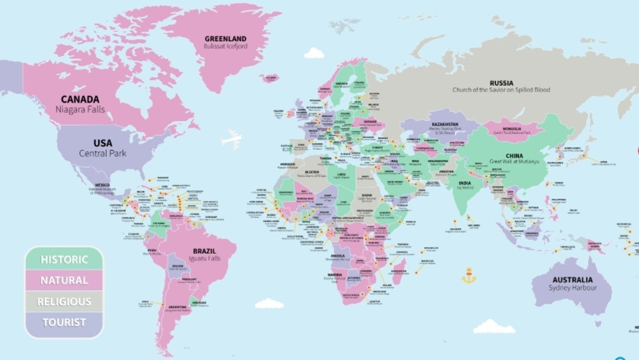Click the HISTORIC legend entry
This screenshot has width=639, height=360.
64,259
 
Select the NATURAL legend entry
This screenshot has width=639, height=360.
64,280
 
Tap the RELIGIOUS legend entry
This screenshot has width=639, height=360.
64,301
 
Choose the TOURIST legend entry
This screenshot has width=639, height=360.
64,322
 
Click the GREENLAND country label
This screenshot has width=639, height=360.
225,38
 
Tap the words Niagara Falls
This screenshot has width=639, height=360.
80,108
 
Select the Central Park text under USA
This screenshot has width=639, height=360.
102,153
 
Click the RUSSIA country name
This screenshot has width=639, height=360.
501,83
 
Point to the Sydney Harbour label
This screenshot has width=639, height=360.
572,287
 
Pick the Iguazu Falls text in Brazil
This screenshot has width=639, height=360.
204,258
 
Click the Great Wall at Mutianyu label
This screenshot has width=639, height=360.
514,161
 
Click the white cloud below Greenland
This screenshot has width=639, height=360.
314,53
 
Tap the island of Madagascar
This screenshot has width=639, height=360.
400,270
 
